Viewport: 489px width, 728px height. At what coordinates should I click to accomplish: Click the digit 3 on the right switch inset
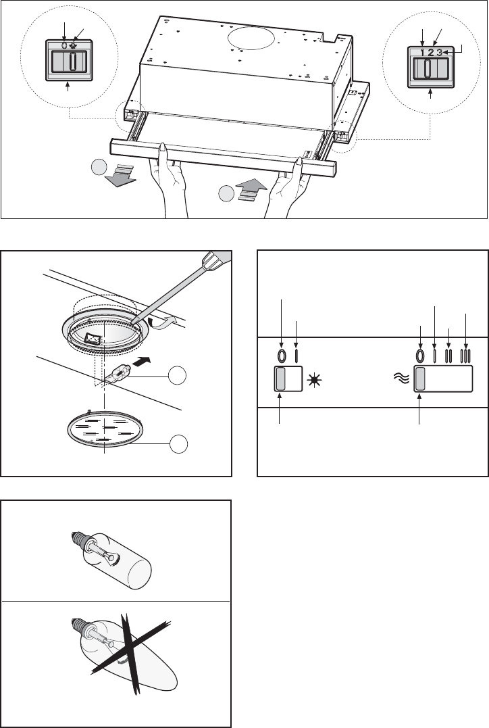pyautogui.click(x=438, y=53)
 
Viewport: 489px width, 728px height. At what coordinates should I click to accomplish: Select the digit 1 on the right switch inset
pyautogui.click(x=423, y=53)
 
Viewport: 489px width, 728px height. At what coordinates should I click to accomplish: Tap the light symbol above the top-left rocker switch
pyautogui.click(x=73, y=47)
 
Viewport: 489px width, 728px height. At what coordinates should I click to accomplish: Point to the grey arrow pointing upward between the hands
pyautogui.click(x=251, y=189)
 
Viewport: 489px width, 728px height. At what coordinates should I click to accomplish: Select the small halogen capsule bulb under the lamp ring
pyautogui.click(x=118, y=373)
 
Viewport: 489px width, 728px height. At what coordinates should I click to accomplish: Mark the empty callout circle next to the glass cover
pyautogui.click(x=178, y=444)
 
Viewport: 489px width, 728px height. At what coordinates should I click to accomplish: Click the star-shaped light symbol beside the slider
pyautogui.click(x=314, y=381)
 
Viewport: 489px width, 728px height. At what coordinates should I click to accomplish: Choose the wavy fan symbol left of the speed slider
pyautogui.click(x=401, y=379)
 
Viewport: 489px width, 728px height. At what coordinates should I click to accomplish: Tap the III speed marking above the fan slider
pyautogui.click(x=465, y=356)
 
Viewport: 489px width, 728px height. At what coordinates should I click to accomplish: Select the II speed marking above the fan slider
pyautogui.click(x=448, y=356)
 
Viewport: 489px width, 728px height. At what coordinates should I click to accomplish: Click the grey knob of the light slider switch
pyautogui.click(x=281, y=379)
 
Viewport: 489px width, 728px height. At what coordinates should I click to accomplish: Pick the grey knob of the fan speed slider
pyautogui.click(x=420, y=379)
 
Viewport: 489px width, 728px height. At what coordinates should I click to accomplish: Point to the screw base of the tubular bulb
pyautogui.click(x=77, y=539)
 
